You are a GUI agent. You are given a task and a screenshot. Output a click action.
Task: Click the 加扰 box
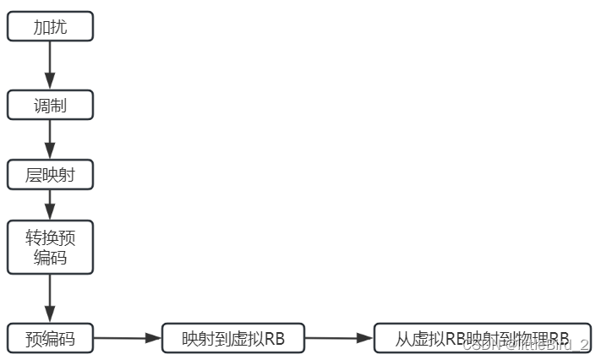coord(50,26)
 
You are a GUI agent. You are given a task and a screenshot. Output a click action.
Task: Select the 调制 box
coord(50,105)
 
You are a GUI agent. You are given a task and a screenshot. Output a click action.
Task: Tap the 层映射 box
coord(50,175)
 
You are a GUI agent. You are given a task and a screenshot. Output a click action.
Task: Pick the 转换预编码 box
coord(50,247)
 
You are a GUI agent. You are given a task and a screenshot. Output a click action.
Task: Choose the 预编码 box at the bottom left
coord(50,339)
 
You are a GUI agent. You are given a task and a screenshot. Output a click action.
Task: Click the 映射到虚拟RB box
coord(232,339)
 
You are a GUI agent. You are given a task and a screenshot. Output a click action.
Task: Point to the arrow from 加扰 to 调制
coord(50,65)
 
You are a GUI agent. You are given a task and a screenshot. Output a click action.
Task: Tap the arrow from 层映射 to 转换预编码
coord(50,204)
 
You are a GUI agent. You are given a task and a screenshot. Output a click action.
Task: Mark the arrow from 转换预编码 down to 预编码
coord(50,297)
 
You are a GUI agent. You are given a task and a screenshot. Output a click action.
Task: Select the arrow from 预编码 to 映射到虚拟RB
coord(127,339)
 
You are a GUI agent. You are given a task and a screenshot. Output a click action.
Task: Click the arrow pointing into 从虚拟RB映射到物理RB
coord(338,339)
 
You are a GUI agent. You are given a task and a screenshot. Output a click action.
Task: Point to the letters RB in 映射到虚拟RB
coord(274,340)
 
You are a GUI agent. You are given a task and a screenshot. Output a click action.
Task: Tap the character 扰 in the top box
coord(58,26)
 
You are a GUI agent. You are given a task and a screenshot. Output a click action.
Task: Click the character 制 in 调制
coord(58,105)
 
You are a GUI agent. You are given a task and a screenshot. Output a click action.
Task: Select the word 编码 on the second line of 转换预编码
coord(50,258)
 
